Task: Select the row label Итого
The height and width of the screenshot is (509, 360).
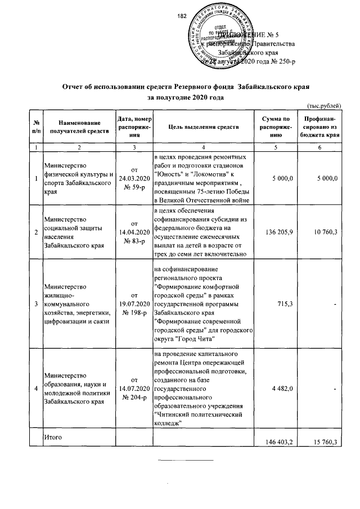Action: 55,436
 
